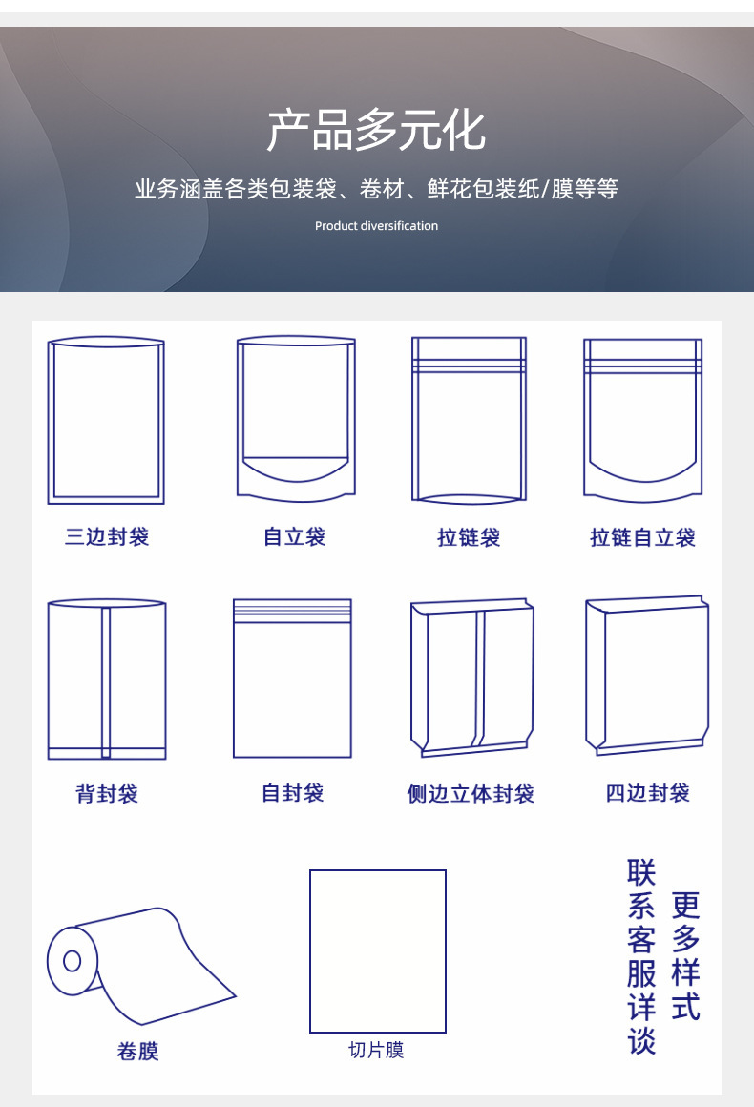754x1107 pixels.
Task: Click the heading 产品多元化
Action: [376, 132]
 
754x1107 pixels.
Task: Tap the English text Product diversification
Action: [376, 226]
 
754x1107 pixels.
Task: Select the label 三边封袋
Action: [107, 536]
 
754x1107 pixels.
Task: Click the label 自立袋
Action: [295, 536]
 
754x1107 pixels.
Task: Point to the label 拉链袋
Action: [469, 538]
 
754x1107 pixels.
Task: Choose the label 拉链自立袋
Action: [642, 538]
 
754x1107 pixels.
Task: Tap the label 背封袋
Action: [107, 794]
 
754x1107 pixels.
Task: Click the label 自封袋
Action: [292, 793]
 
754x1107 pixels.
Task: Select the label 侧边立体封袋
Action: [471, 794]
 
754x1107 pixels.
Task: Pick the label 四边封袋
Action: [647, 793]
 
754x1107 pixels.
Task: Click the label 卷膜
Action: [137, 1052]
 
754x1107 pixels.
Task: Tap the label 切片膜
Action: [376, 1051]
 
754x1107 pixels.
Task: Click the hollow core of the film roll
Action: [73, 961]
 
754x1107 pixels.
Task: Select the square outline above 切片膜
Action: [378, 950]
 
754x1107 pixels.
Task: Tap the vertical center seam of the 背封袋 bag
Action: [106, 681]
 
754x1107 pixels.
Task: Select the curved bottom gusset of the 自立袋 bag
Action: [296, 475]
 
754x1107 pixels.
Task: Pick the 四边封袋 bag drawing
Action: [647, 676]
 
